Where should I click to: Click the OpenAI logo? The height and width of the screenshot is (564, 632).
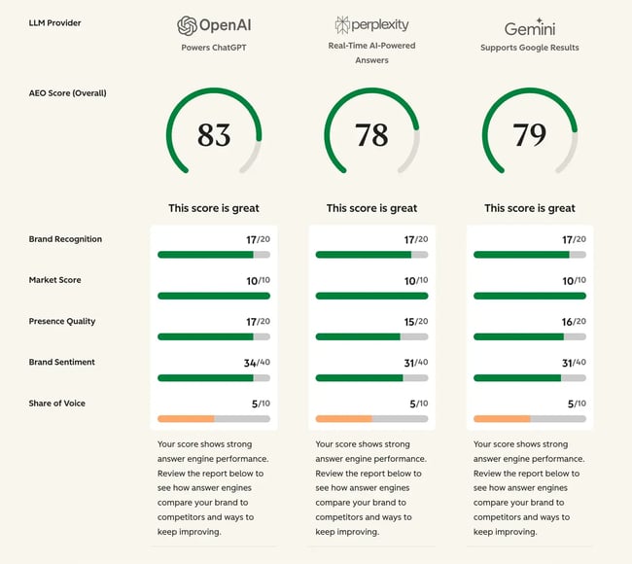(213, 26)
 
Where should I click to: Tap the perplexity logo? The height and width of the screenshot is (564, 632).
(371, 25)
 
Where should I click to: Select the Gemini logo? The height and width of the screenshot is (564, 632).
(530, 26)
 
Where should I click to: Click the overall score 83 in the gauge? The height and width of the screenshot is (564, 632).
(214, 135)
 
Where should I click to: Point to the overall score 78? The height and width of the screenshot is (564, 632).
(371, 135)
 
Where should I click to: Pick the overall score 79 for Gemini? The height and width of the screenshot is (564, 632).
(530, 135)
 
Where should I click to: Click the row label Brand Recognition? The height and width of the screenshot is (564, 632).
(65, 239)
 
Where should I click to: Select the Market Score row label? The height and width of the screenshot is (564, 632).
(55, 280)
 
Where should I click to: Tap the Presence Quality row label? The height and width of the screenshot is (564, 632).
(62, 321)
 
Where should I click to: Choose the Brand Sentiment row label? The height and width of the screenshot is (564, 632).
(63, 362)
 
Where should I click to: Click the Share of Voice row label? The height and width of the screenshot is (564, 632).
(57, 403)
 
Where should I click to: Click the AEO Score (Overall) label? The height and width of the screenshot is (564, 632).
(68, 93)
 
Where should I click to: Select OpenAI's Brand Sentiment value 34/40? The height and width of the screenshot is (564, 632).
(256, 362)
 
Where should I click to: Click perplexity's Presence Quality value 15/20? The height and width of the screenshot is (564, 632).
(414, 321)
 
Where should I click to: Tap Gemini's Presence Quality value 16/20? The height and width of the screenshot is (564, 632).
(573, 321)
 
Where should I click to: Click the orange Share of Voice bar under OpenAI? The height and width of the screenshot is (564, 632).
(186, 419)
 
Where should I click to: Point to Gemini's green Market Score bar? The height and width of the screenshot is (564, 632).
(530, 296)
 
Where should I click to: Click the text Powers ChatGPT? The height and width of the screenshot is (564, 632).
(213, 47)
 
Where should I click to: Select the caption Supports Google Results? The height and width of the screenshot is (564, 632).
(530, 47)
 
